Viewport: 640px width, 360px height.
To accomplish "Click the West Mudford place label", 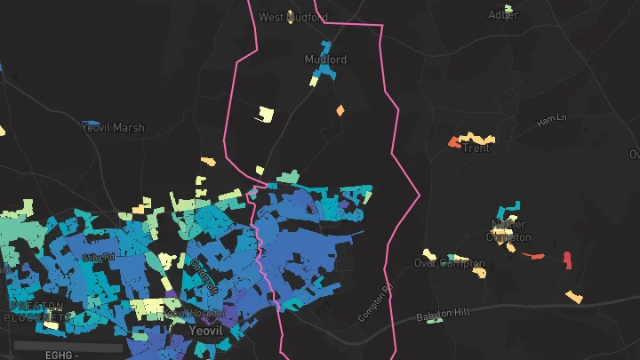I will click(x=292, y=17).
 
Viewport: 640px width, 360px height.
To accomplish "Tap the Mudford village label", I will click(x=325, y=60).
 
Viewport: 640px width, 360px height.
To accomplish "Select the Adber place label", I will click(x=503, y=14).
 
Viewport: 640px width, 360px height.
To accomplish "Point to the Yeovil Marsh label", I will click(x=112, y=127).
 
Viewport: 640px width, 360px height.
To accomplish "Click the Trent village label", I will click(x=476, y=148).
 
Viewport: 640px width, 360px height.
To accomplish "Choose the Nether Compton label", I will click(x=508, y=231).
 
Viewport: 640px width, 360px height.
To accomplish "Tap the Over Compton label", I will click(x=450, y=263).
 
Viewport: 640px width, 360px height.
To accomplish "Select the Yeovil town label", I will click(x=205, y=330).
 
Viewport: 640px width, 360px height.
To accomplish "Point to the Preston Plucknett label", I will click(x=36, y=310).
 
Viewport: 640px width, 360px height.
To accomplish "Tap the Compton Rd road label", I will click(x=374, y=303).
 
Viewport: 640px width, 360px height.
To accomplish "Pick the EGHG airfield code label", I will click(x=59, y=355).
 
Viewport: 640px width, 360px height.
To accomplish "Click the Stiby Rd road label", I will click(x=98, y=258).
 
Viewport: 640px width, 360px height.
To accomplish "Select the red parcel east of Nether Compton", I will click(x=567, y=260).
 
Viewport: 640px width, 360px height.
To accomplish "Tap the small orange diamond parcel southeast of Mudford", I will click(x=340, y=110).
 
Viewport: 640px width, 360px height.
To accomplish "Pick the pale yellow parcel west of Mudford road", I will click(x=264, y=114).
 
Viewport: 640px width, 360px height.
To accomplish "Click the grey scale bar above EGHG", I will click(x=67, y=345).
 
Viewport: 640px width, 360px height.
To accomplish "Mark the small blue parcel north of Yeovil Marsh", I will click(x=91, y=122).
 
